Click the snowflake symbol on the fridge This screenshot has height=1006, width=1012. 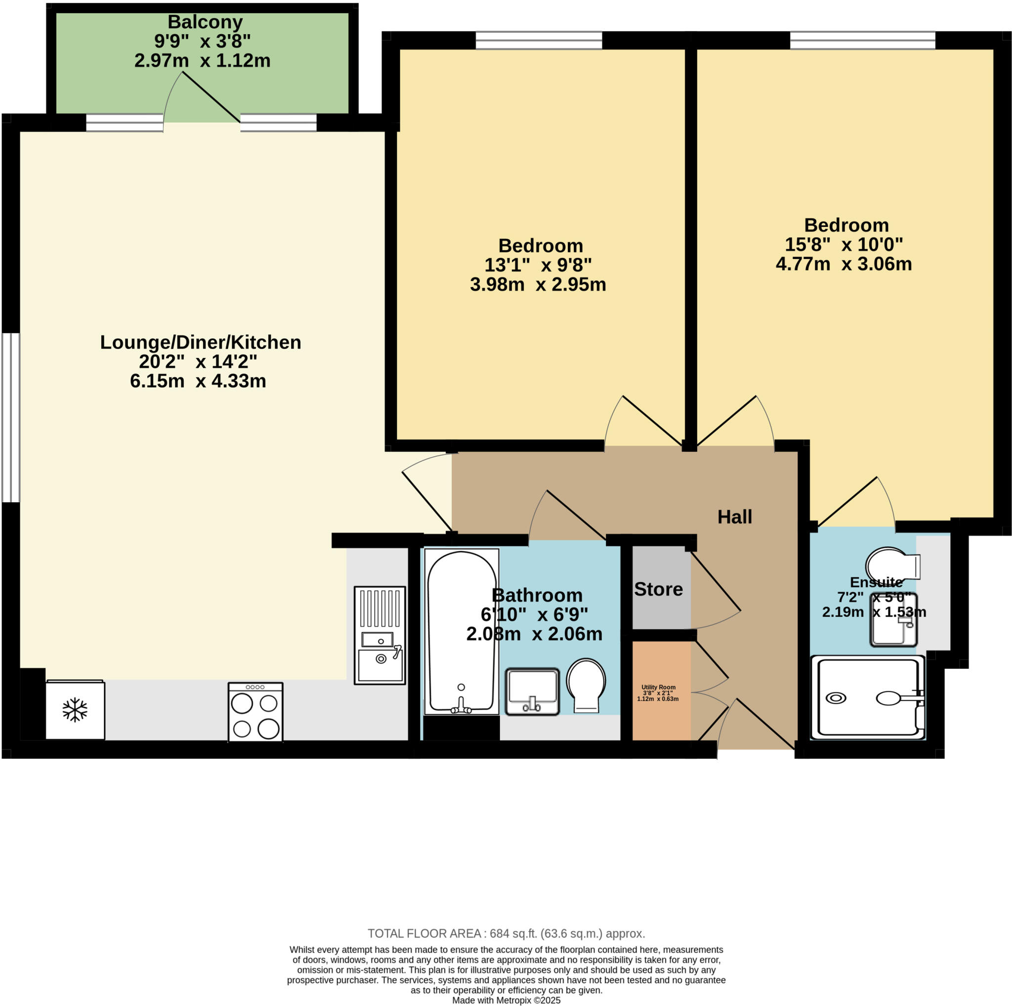[x=75, y=710]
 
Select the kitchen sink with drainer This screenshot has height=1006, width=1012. [x=380, y=635]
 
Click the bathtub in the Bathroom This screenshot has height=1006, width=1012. [x=462, y=631]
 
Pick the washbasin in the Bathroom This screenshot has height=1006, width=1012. [x=532, y=691]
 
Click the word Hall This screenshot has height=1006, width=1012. [x=734, y=517]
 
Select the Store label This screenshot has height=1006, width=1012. [x=658, y=589]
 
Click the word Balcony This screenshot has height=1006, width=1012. [x=205, y=22]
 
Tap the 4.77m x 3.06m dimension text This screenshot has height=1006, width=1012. [x=843, y=264]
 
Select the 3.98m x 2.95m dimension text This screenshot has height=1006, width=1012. [x=538, y=285]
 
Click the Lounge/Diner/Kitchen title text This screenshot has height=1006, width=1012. [x=201, y=342]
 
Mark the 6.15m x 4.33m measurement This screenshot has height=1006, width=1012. [x=198, y=381]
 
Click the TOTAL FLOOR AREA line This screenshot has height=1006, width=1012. [x=506, y=933]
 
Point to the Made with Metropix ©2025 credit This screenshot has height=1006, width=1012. [x=506, y=1000]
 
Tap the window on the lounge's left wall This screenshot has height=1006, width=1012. [x=10, y=417]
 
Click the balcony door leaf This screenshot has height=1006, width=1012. [x=211, y=96]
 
